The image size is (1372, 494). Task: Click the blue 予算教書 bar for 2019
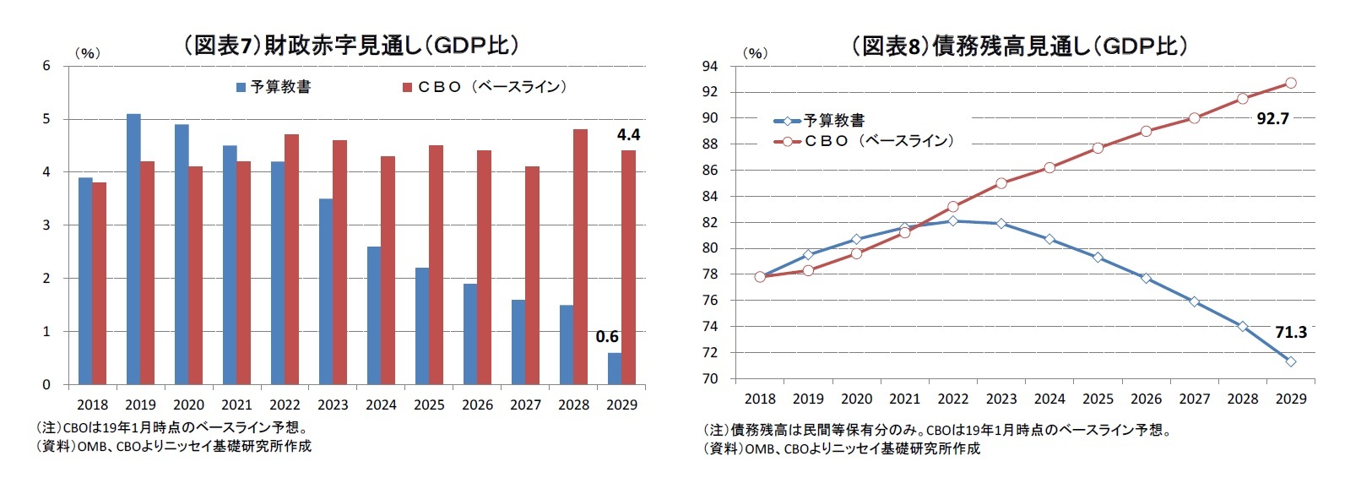pos(133,249)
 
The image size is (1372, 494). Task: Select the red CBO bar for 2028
pos(580,257)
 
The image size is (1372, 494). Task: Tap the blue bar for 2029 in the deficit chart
pos(615,368)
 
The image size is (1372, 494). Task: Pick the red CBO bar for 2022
pos(291,259)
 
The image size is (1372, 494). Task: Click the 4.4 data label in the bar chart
pos(628,134)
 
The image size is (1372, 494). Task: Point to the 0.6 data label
pos(607,337)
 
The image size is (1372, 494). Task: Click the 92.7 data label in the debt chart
pos(1272,118)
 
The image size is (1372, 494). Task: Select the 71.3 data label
pos(1290,332)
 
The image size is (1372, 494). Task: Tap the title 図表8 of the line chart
pos(1019,46)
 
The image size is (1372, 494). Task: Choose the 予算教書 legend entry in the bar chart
pos(274,87)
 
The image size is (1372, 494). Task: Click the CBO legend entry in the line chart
pos(865,141)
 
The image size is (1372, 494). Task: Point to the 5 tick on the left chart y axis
pos(47,119)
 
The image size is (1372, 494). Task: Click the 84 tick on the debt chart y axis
pos(710,197)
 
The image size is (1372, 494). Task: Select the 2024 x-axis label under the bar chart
pos(381,404)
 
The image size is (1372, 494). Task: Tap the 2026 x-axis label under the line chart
pos(1146,399)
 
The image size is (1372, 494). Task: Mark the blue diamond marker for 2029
pos(1290,361)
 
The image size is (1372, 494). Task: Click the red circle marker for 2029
pos(1290,83)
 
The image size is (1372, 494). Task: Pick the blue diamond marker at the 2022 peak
pos(952,220)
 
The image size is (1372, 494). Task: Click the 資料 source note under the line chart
pos(841,448)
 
